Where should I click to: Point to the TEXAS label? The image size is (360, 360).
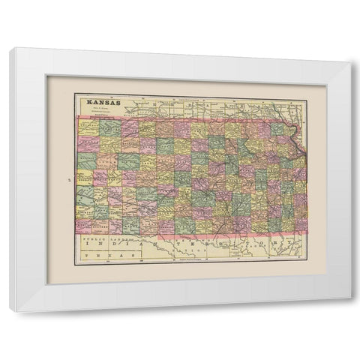coord(98,255)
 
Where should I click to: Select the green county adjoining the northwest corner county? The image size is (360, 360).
coord(109,128)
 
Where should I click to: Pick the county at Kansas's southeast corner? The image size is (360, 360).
coord(301,224)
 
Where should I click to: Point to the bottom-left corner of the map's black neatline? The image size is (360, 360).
coord(75,263)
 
